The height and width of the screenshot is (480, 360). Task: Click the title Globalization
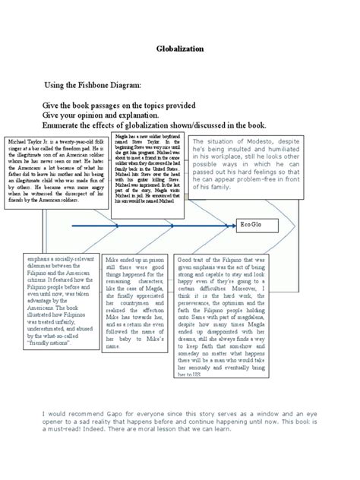click(x=180, y=49)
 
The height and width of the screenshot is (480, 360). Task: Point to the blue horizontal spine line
click(x=152, y=226)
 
